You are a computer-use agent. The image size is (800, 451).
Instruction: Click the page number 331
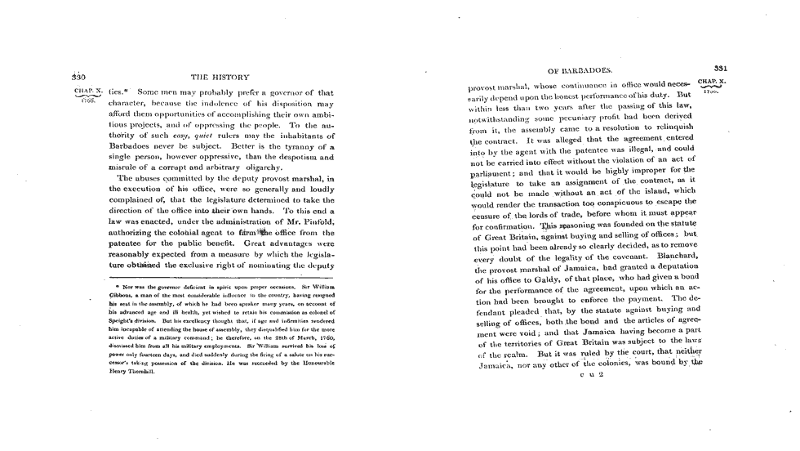click(721, 69)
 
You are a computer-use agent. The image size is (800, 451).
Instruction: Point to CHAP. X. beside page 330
click(87, 93)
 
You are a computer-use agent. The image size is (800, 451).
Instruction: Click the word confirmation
click(500, 221)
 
